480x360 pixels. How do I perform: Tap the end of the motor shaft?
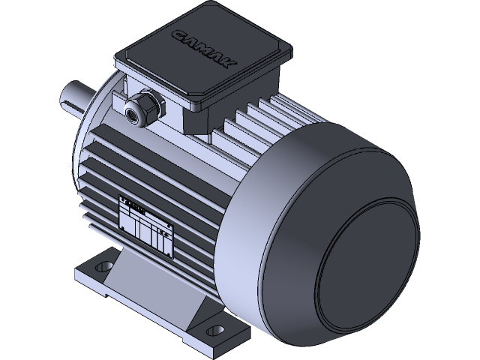(x=67, y=97)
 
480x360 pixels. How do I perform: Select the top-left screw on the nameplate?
(x=122, y=199)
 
